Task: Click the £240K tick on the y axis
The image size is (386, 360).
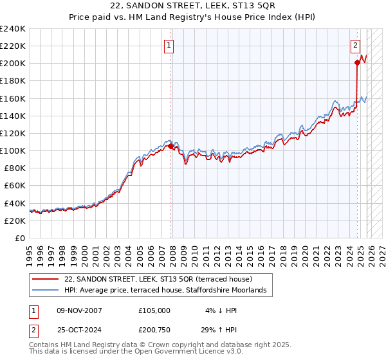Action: [x=13, y=28]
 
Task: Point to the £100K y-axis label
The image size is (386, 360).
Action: [x=13, y=150]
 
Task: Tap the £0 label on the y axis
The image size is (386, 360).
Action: [x=20, y=238]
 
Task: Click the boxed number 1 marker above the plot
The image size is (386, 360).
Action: [x=169, y=45]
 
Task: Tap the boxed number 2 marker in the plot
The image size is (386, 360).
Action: [x=355, y=45]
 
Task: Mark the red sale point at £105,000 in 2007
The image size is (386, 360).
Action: [x=170, y=147]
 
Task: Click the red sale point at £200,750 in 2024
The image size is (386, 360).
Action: [x=357, y=62]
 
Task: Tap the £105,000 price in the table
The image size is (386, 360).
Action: [x=154, y=310]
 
